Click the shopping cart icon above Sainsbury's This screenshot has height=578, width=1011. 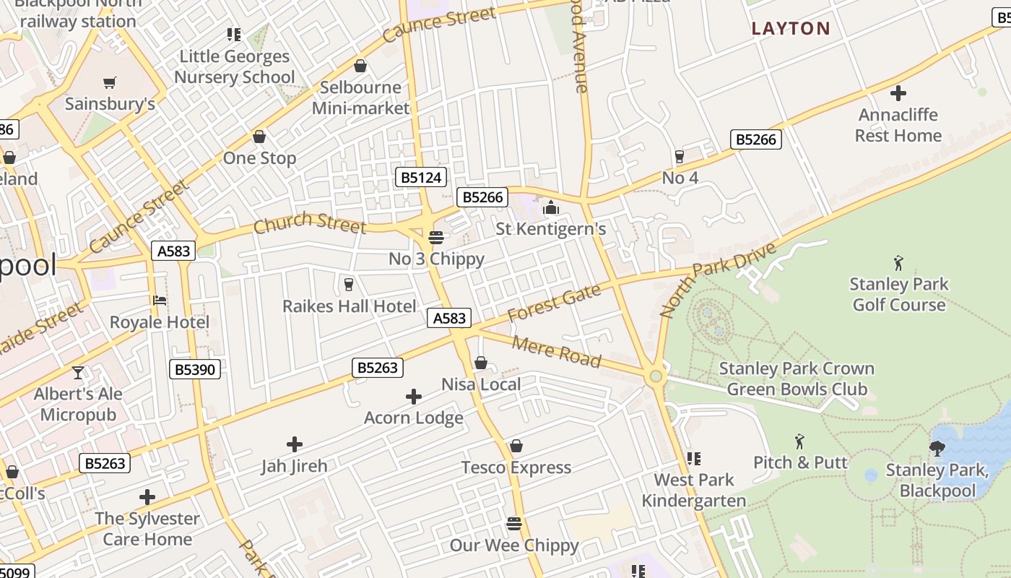(x=110, y=83)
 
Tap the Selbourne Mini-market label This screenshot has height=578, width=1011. (x=360, y=98)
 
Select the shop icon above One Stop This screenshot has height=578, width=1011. (x=259, y=137)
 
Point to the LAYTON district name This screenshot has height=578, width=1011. (x=791, y=29)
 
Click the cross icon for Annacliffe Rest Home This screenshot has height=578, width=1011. (x=898, y=93)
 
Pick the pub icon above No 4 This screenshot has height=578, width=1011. (x=679, y=156)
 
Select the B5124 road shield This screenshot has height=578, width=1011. (x=421, y=177)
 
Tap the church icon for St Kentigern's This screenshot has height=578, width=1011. (x=551, y=208)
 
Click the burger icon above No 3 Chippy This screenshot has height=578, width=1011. (x=435, y=237)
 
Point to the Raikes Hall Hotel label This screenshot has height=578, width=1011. (x=349, y=306)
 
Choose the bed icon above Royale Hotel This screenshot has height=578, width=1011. (x=160, y=301)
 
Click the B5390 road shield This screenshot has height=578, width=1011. (x=194, y=369)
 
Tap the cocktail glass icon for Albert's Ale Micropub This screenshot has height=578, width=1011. (x=78, y=373)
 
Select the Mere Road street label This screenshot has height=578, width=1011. (x=556, y=351)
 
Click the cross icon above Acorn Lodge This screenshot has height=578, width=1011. (x=413, y=397)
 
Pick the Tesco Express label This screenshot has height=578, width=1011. (x=516, y=467)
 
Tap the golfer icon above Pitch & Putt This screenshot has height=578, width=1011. (x=799, y=441)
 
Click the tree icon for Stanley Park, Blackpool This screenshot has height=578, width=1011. (x=937, y=449)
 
